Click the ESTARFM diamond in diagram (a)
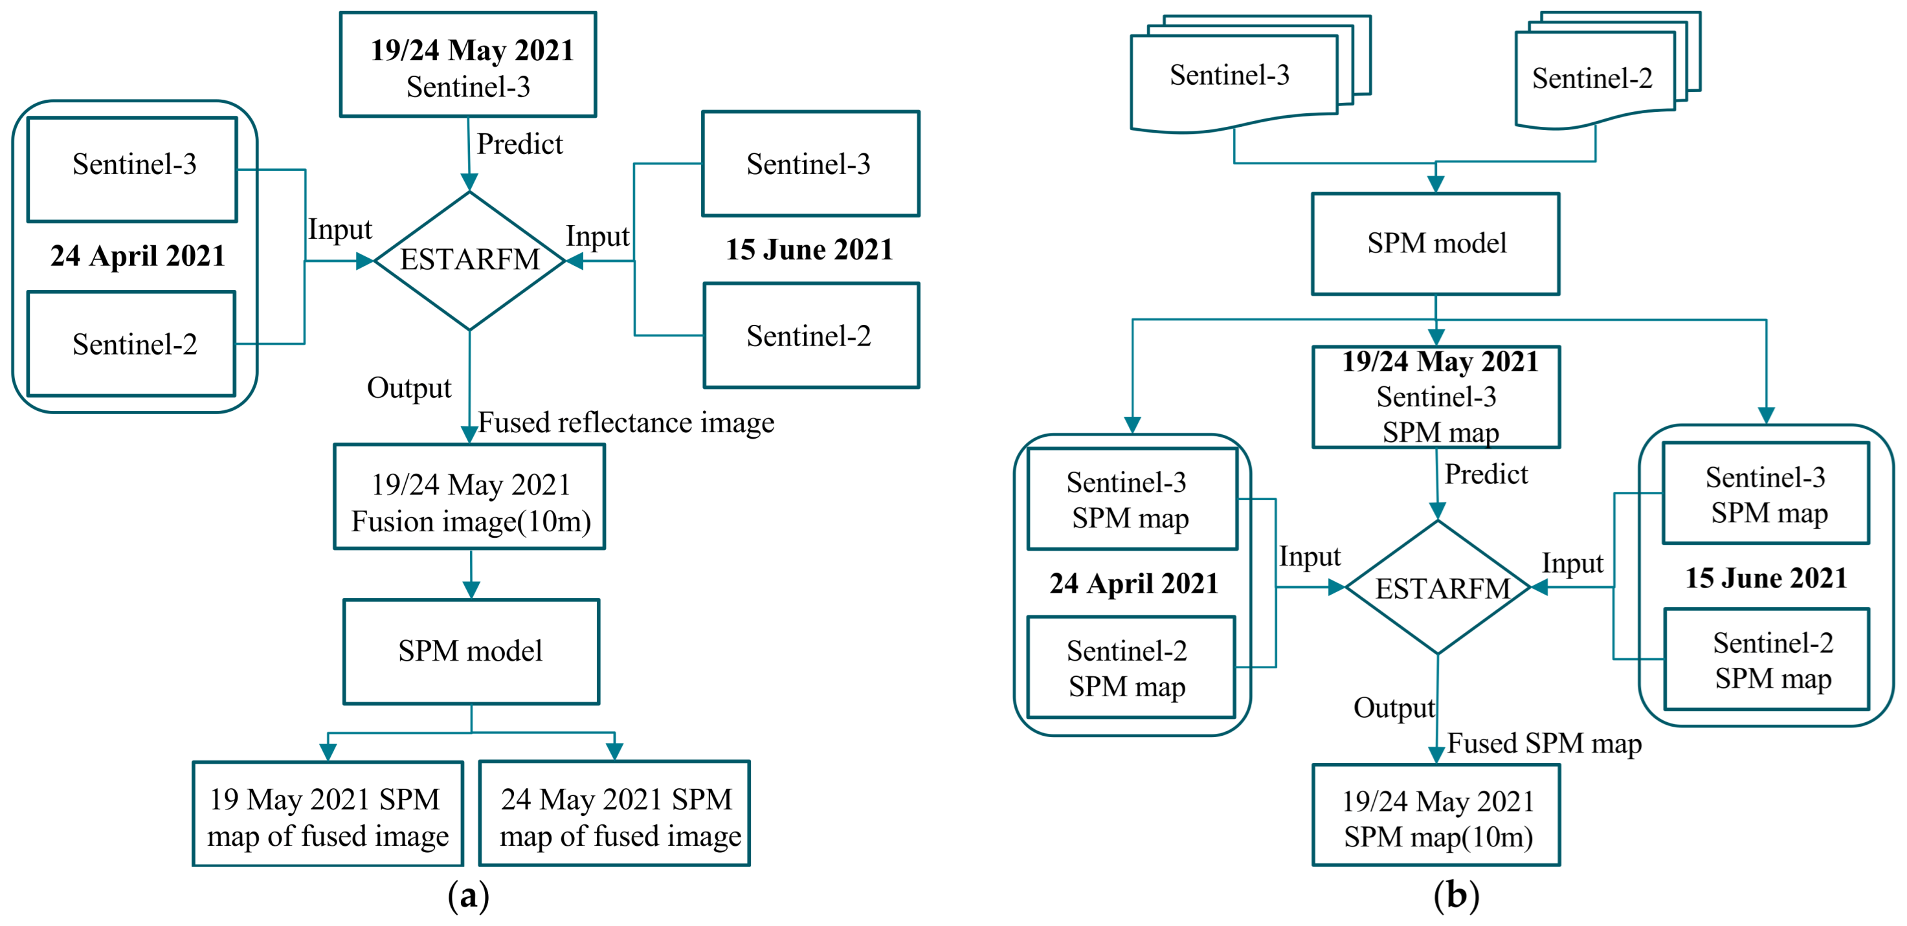coord(469,260)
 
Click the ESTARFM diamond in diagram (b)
coord(1438,588)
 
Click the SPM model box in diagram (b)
coord(1436,244)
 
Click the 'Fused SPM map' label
coord(1545,742)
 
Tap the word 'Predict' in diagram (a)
coord(519,144)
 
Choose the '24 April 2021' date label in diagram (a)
coord(138,256)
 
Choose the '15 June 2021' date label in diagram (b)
coord(1766,578)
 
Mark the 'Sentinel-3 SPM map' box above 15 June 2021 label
coord(1766,494)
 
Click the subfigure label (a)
coord(469,896)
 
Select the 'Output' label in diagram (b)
coord(1393,708)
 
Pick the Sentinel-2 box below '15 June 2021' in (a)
coord(810,336)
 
